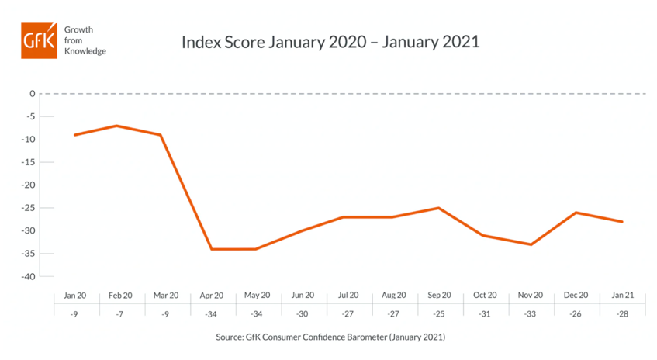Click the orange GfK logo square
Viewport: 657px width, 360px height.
point(39,40)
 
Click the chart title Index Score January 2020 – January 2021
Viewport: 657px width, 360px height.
point(330,41)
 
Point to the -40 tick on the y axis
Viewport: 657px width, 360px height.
point(29,277)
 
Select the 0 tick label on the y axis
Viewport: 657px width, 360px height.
point(33,94)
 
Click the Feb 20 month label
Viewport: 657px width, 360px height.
point(120,295)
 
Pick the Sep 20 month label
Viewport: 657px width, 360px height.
point(438,295)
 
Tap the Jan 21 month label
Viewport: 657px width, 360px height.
point(621,295)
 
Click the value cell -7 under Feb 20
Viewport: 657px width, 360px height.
point(120,314)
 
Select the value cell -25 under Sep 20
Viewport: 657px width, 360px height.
point(438,314)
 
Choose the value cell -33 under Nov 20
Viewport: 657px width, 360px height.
point(530,314)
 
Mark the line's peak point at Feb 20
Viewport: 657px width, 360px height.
point(117,126)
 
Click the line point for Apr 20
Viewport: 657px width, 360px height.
point(210,249)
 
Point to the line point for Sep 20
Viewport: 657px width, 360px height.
point(439,208)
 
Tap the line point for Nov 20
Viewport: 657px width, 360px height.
point(531,244)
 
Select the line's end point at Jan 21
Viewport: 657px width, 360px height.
point(622,222)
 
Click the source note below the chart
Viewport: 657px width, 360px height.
point(330,337)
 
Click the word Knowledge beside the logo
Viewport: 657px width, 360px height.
point(86,51)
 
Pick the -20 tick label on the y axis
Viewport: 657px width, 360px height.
point(29,185)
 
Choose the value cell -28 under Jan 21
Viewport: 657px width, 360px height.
point(621,314)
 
